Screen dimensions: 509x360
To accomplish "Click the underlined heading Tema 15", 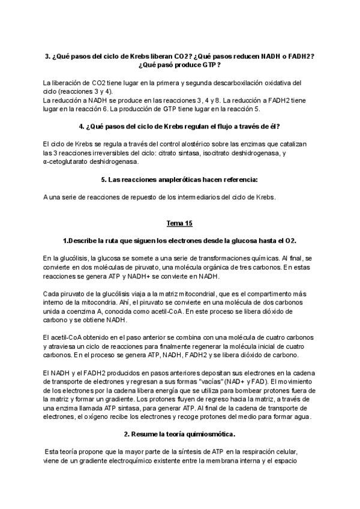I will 179,224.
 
